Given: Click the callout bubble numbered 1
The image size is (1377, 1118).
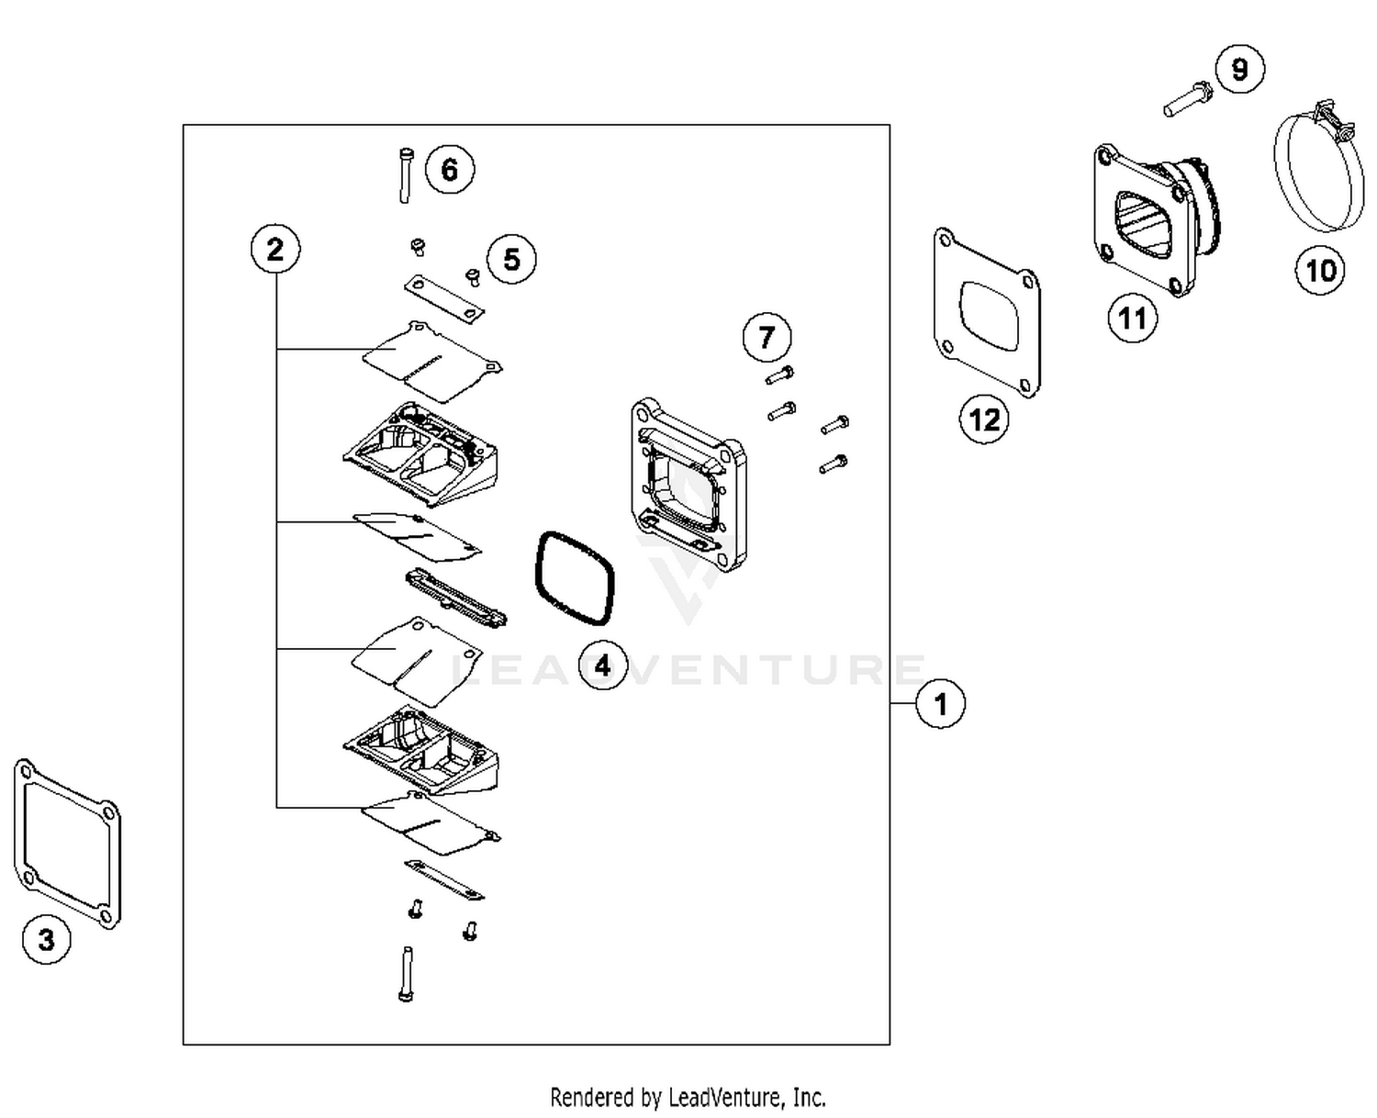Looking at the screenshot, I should coord(940,704).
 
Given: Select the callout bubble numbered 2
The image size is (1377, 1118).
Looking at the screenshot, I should coord(275,249).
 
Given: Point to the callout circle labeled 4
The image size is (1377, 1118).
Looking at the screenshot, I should coord(602,665).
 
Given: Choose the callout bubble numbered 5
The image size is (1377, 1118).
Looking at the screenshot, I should coord(511,259).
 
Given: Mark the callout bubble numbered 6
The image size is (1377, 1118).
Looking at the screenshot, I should coord(449,169).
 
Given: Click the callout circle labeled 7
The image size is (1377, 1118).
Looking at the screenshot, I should coord(767,337).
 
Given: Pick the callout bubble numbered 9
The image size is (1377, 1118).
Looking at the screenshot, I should coord(1239,69).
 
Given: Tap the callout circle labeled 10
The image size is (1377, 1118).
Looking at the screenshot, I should coord(1320,270).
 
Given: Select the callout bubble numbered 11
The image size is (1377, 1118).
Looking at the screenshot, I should coord(1132,319).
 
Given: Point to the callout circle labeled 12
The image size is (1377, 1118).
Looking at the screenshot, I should coord(984,419).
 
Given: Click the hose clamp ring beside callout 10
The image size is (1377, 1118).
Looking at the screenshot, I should coord(1307,174).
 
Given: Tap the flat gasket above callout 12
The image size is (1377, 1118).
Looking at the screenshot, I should coord(987,312).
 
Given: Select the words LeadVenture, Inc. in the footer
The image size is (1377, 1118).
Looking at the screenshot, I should coord(746,1097).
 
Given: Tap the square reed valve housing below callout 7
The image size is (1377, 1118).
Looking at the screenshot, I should coord(688,485).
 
